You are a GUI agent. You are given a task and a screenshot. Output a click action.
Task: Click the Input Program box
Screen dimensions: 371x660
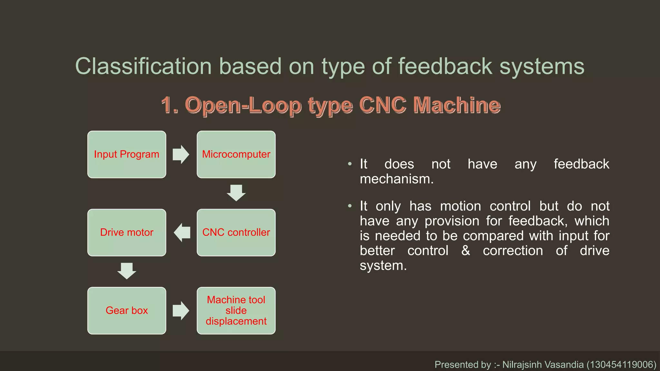[127, 154]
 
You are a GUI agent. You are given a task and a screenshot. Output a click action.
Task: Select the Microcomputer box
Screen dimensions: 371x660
[236, 154]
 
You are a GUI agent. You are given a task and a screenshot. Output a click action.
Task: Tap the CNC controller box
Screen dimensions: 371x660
[236, 233]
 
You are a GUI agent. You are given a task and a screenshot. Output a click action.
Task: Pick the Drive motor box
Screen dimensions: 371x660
[127, 233]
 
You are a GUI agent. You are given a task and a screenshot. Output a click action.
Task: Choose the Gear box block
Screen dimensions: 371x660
[127, 310]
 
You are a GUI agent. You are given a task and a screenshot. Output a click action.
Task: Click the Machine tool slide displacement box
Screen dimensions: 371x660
[236, 310]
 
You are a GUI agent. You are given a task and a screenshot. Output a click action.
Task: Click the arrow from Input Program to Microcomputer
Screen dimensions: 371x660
[181, 154]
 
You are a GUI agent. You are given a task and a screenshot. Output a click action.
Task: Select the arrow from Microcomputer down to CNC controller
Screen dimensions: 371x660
[236, 193]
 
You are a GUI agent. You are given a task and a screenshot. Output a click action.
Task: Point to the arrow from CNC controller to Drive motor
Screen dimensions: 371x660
[182, 233]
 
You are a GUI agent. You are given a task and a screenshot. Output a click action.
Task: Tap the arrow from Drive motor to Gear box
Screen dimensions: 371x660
[127, 271]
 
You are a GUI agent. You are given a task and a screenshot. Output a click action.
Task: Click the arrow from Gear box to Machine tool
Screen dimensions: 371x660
[181, 310]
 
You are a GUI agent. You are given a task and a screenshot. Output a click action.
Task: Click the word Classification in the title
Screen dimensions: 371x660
[143, 66]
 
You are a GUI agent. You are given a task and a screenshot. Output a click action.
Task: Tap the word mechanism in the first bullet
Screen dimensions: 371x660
[396, 179]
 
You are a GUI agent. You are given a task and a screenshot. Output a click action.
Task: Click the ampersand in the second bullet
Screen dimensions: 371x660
[465, 250]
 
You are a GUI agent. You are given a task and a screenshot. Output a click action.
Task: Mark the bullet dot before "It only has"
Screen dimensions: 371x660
[350, 206]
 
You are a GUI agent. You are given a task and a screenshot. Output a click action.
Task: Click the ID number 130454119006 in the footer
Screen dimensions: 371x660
[621, 365]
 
